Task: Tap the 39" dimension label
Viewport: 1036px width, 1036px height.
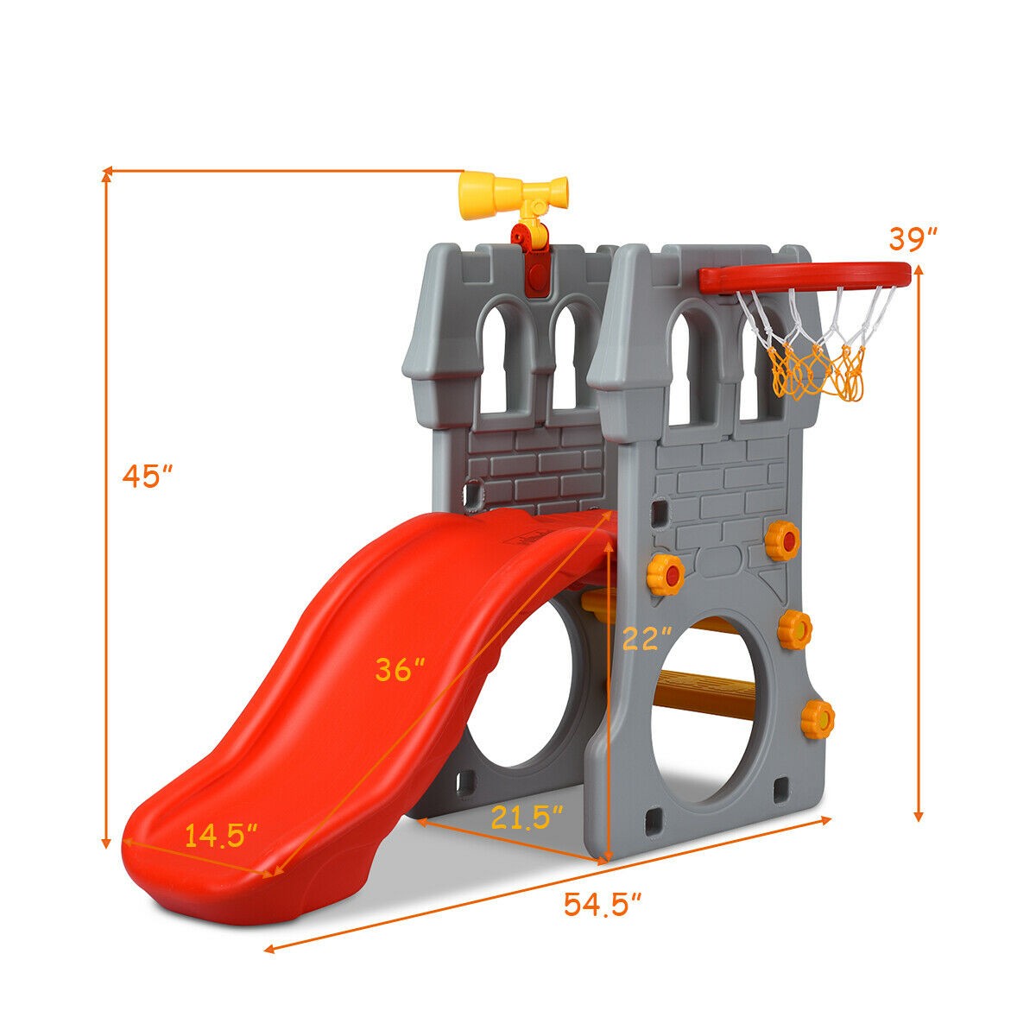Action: tap(913, 237)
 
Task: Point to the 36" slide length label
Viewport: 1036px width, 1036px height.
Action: tap(400, 670)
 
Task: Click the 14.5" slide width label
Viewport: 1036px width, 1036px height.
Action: tap(221, 837)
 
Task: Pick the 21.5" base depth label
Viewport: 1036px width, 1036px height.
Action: tap(527, 817)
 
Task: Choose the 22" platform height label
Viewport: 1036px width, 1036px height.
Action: tap(647, 639)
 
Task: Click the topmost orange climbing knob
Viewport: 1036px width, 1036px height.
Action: tap(782, 540)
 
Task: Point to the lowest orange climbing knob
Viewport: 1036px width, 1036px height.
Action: tap(817, 718)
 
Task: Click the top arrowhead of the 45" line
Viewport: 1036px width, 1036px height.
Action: tap(106, 175)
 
